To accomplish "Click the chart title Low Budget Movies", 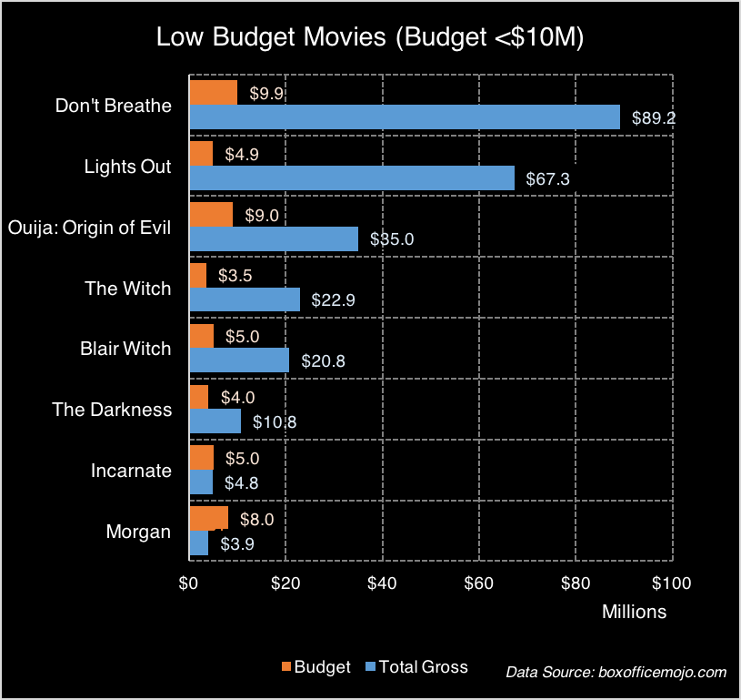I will pos(370,37).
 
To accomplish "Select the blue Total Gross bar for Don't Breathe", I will pos(404,117).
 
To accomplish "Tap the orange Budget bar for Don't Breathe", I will pos(213,93).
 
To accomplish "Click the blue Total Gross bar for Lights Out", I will pos(351,178).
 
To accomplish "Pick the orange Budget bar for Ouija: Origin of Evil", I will pos(211,215).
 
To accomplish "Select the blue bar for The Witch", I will pos(244,299).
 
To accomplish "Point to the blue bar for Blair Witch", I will pos(239,360).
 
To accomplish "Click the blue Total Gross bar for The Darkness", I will pos(215,421).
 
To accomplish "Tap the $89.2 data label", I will pos(654,117).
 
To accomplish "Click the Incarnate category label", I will pos(131,471).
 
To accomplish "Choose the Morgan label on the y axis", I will pos(138,532).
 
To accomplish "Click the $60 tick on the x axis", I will pos(479,583).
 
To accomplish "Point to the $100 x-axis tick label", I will pos(670,583).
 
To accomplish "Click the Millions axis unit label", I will pos(634,612).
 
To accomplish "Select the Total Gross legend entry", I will pos(423,667).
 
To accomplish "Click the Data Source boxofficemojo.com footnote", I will pos(616,672).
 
